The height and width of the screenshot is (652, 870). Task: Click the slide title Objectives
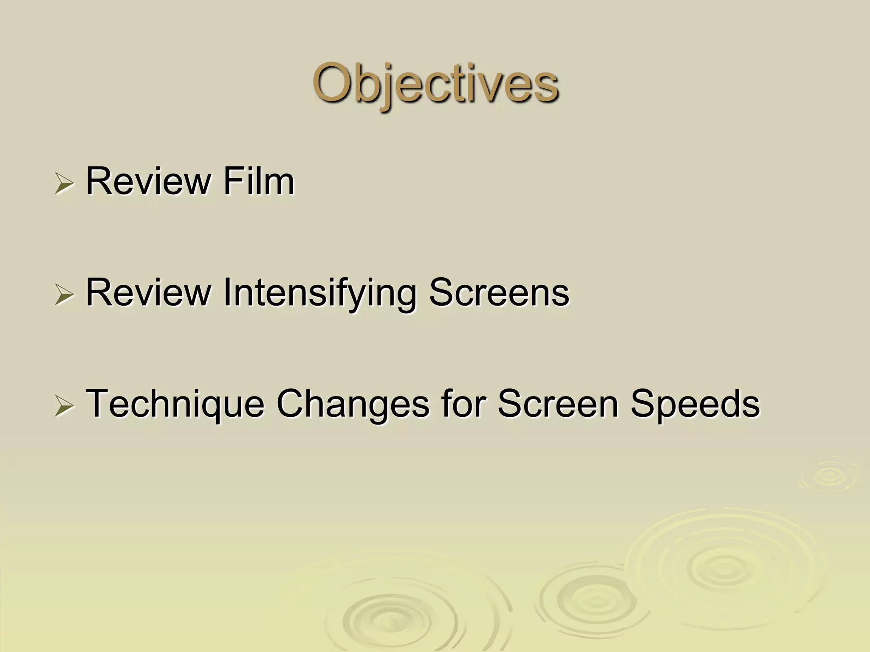[435, 84]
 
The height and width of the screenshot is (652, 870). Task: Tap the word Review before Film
[148, 182]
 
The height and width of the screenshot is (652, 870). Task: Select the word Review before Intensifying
[148, 292]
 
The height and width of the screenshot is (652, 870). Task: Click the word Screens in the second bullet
[499, 292]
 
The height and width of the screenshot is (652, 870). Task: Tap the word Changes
[353, 405]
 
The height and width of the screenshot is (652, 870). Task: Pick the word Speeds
[695, 405]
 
